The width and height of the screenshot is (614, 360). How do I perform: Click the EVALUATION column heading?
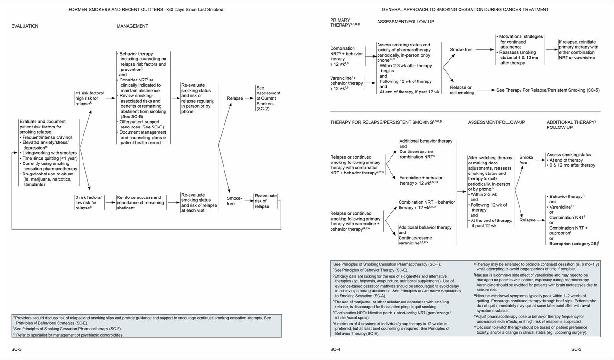click(x=25, y=26)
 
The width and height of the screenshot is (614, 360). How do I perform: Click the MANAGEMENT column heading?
click(x=132, y=26)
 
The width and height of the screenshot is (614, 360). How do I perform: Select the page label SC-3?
click(x=17, y=350)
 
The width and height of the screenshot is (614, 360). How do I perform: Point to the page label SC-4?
click(x=335, y=350)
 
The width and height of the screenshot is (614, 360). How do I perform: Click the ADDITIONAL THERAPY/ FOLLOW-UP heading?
click(x=571, y=125)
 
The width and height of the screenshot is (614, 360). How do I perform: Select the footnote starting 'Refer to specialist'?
click(x=68, y=335)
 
